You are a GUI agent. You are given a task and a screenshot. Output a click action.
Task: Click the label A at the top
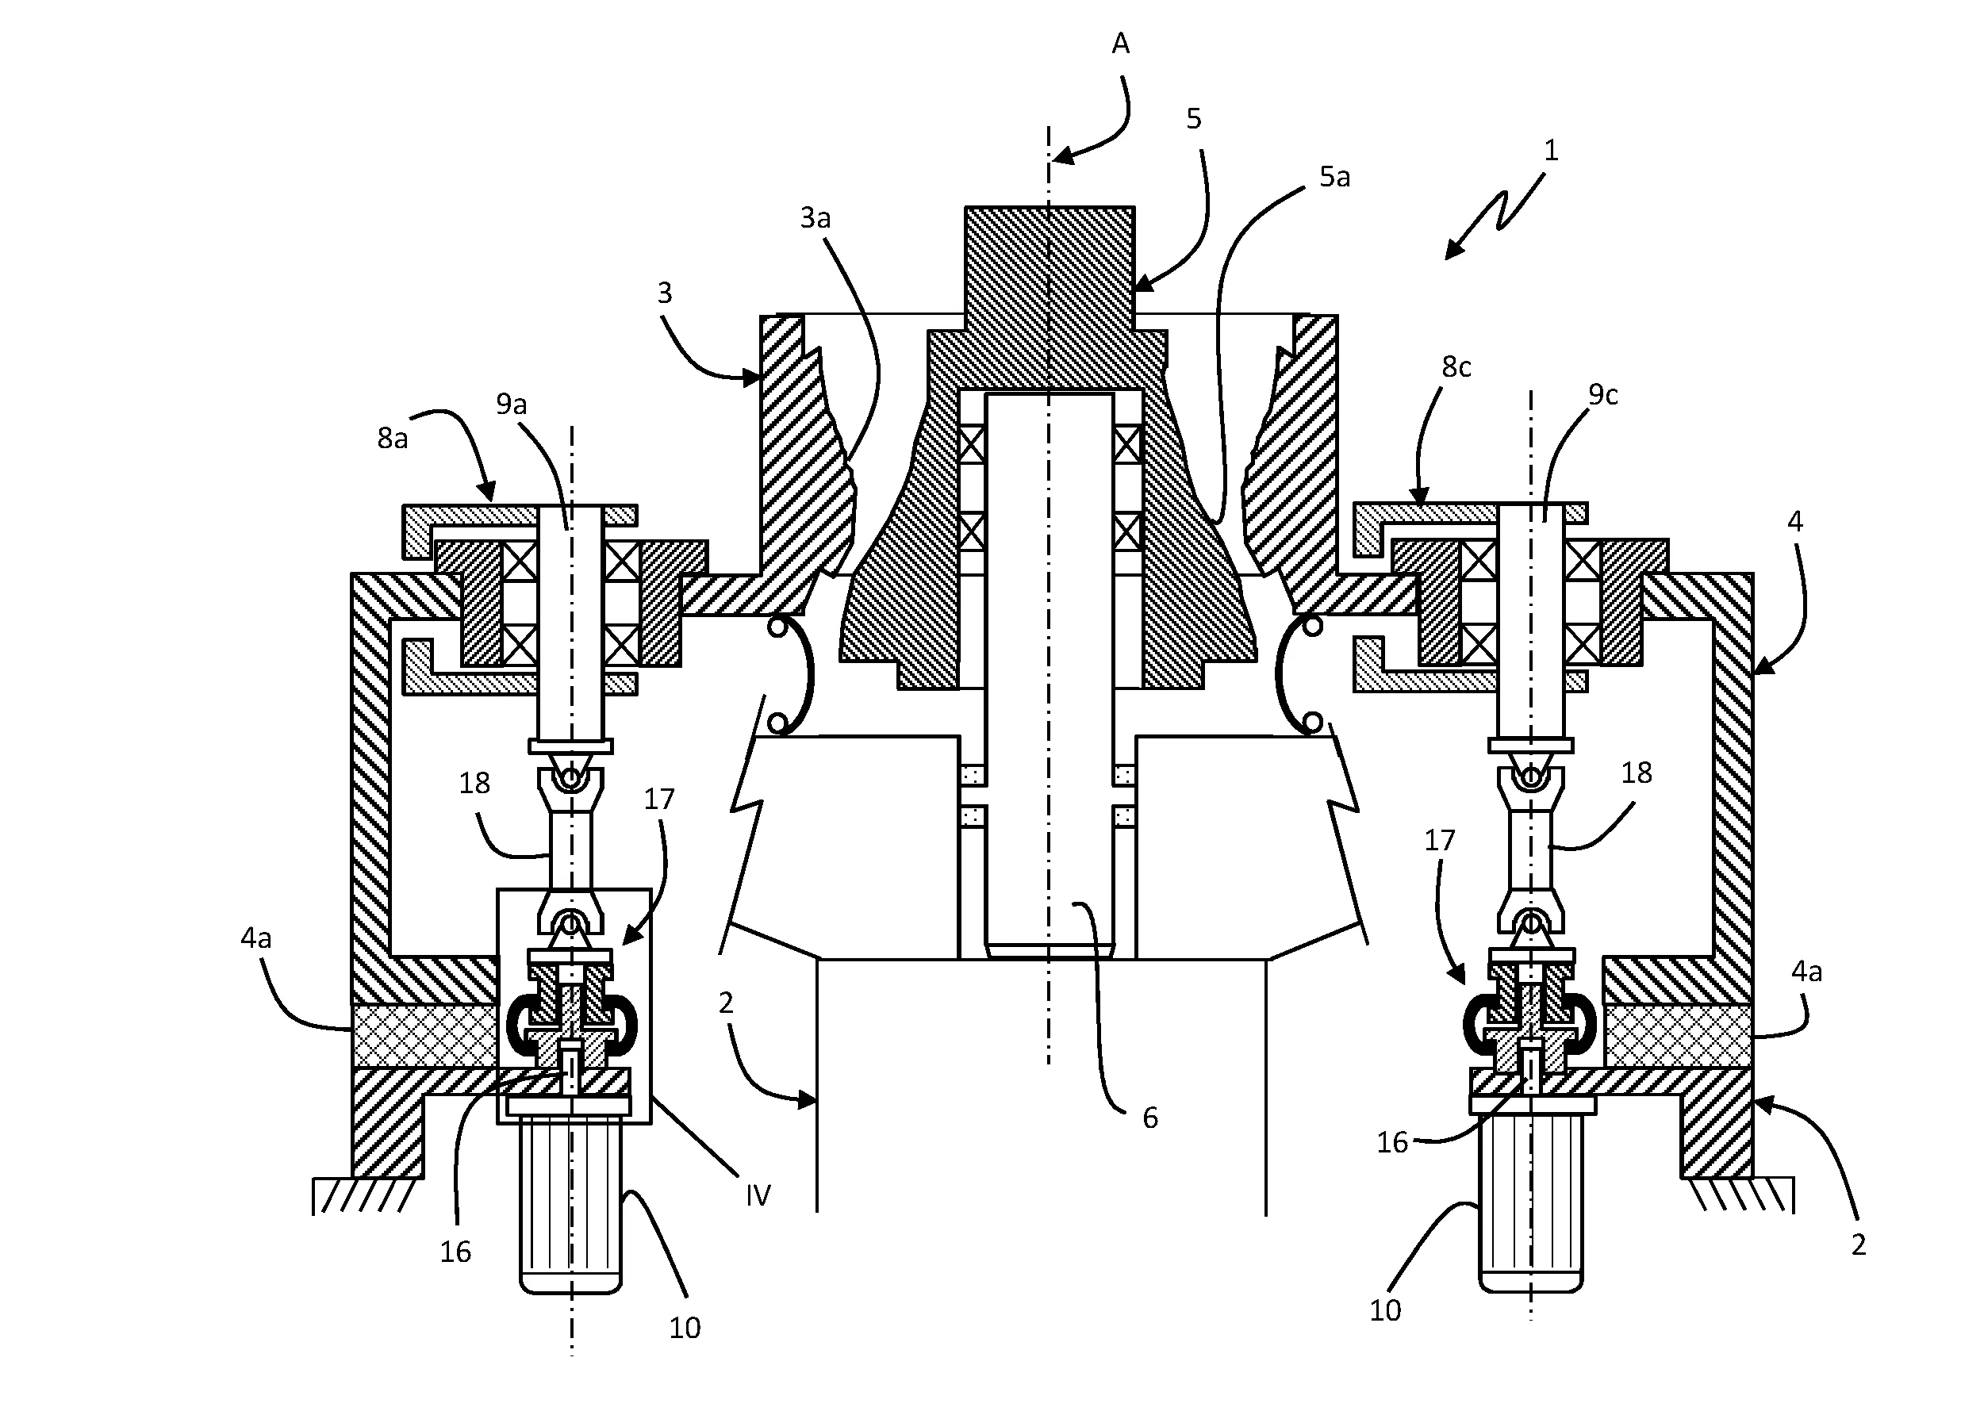point(1121,44)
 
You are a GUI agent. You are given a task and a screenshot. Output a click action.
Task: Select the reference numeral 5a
point(1334,177)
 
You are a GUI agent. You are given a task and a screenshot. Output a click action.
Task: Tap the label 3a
point(815,218)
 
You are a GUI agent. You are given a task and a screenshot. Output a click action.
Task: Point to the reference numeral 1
point(1550,151)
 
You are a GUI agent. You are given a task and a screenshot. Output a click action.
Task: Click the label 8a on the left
point(392,439)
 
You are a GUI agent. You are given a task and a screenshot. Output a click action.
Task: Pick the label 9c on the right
point(1602,395)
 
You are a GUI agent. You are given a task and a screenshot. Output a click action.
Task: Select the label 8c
point(1456,366)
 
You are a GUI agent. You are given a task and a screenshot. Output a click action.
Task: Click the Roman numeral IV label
point(758,1195)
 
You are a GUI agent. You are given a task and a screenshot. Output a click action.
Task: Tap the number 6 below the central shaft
point(1150,1118)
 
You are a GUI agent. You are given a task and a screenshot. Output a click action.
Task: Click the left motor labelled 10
point(570,1202)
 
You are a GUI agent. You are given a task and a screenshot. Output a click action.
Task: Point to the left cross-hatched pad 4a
point(425,1035)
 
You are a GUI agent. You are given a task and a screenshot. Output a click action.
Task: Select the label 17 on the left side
point(658,799)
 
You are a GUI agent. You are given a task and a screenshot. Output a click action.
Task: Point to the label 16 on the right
point(1391,1142)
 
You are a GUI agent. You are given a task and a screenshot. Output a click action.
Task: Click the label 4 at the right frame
point(1794,521)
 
